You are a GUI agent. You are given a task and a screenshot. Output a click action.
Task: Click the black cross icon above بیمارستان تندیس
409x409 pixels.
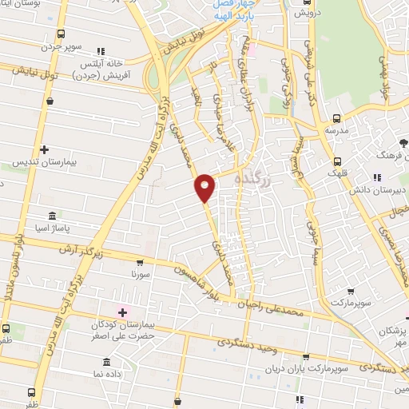click(x=45, y=149)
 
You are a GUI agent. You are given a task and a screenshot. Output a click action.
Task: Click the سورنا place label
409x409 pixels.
click(x=141, y=273)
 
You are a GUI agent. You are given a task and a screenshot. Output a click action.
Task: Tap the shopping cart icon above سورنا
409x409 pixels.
click(x=141, y=261)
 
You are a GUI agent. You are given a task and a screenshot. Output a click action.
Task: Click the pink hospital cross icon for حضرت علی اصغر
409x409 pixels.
click(x=122, y=312)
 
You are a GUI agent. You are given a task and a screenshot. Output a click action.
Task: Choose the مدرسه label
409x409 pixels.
click(x=336, y=128)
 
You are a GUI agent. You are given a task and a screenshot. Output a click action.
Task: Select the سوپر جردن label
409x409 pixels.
click(x=64, y=46)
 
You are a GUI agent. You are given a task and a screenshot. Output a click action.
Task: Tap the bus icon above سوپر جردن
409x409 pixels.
click(x=61, y=34)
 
